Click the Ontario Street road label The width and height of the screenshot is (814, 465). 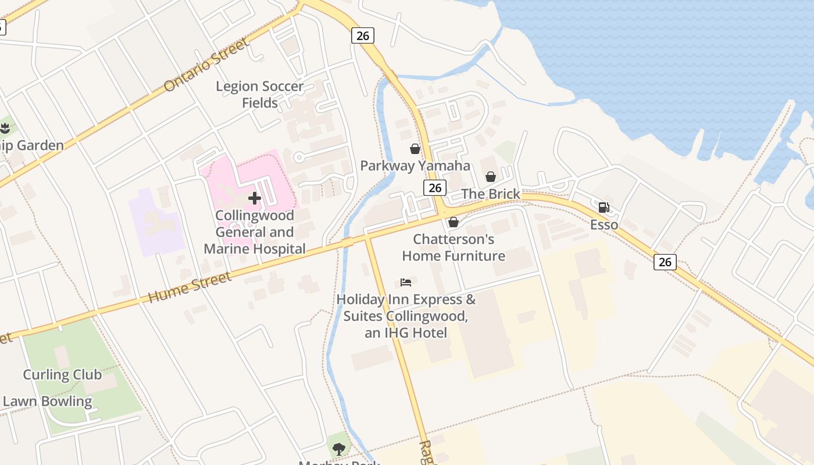(206, 65)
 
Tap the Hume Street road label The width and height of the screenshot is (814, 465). (190, 287)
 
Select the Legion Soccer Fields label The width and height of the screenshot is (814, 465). (260, 95)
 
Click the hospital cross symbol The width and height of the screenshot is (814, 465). (254, 198)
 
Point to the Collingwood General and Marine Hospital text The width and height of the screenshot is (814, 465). (255, 232)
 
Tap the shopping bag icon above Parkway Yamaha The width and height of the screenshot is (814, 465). (415, 149)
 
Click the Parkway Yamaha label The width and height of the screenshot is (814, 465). (415, 166)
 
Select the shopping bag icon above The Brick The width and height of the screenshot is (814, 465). (491, 177)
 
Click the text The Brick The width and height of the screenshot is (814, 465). (491, 194)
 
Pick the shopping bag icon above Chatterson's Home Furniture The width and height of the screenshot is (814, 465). (454, 222)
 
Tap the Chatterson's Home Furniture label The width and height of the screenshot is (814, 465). (454, 248)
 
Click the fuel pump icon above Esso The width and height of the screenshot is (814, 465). (604, 208)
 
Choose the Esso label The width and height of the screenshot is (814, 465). (604, 224)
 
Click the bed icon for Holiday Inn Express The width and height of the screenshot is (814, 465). (406, 283)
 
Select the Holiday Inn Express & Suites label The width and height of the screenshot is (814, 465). (406, 316)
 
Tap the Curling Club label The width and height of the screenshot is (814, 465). (62, 374)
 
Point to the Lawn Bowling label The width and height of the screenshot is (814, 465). (48, 401)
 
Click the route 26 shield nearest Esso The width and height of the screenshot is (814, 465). (665, 262)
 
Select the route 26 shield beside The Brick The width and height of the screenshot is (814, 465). (435, 187)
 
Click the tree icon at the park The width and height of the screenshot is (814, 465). (338, 449)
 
